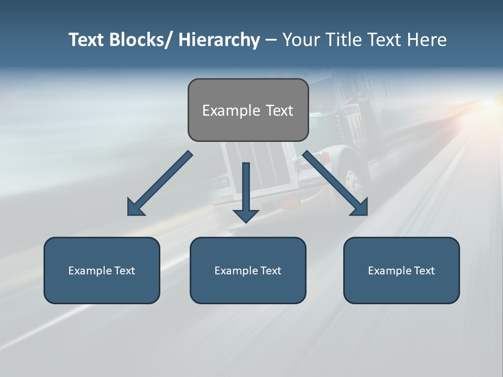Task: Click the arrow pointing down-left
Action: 160,183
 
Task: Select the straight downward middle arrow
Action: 246,191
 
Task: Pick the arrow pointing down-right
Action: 335,183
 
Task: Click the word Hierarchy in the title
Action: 219,40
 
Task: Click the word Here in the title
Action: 425,40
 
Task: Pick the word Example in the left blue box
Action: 90,271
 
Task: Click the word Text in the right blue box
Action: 424,271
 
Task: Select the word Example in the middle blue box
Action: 236,271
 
